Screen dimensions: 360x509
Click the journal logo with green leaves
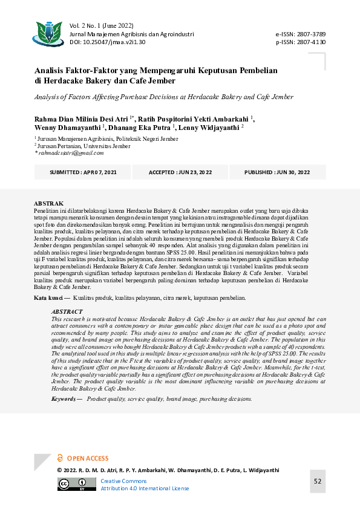[x=49, y=34]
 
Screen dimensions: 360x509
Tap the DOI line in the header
[x=108, y=42]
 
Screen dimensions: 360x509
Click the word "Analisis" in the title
[x=51, y=70]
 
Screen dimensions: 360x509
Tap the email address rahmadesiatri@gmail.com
[x=71, y=153]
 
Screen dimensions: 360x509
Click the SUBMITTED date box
[x=84, y=172]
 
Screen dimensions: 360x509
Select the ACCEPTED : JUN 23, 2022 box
[x=180, y=172]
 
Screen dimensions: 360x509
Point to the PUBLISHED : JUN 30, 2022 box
[x=277, y=172]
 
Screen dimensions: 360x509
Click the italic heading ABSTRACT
[x=67, y=312]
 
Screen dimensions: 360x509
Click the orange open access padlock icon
[x=60, y=458]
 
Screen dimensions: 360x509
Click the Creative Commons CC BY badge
[x=71, y=484]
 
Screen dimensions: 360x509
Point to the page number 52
[x=317, y=481]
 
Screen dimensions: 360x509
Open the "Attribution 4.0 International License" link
[x=145, y=488]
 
